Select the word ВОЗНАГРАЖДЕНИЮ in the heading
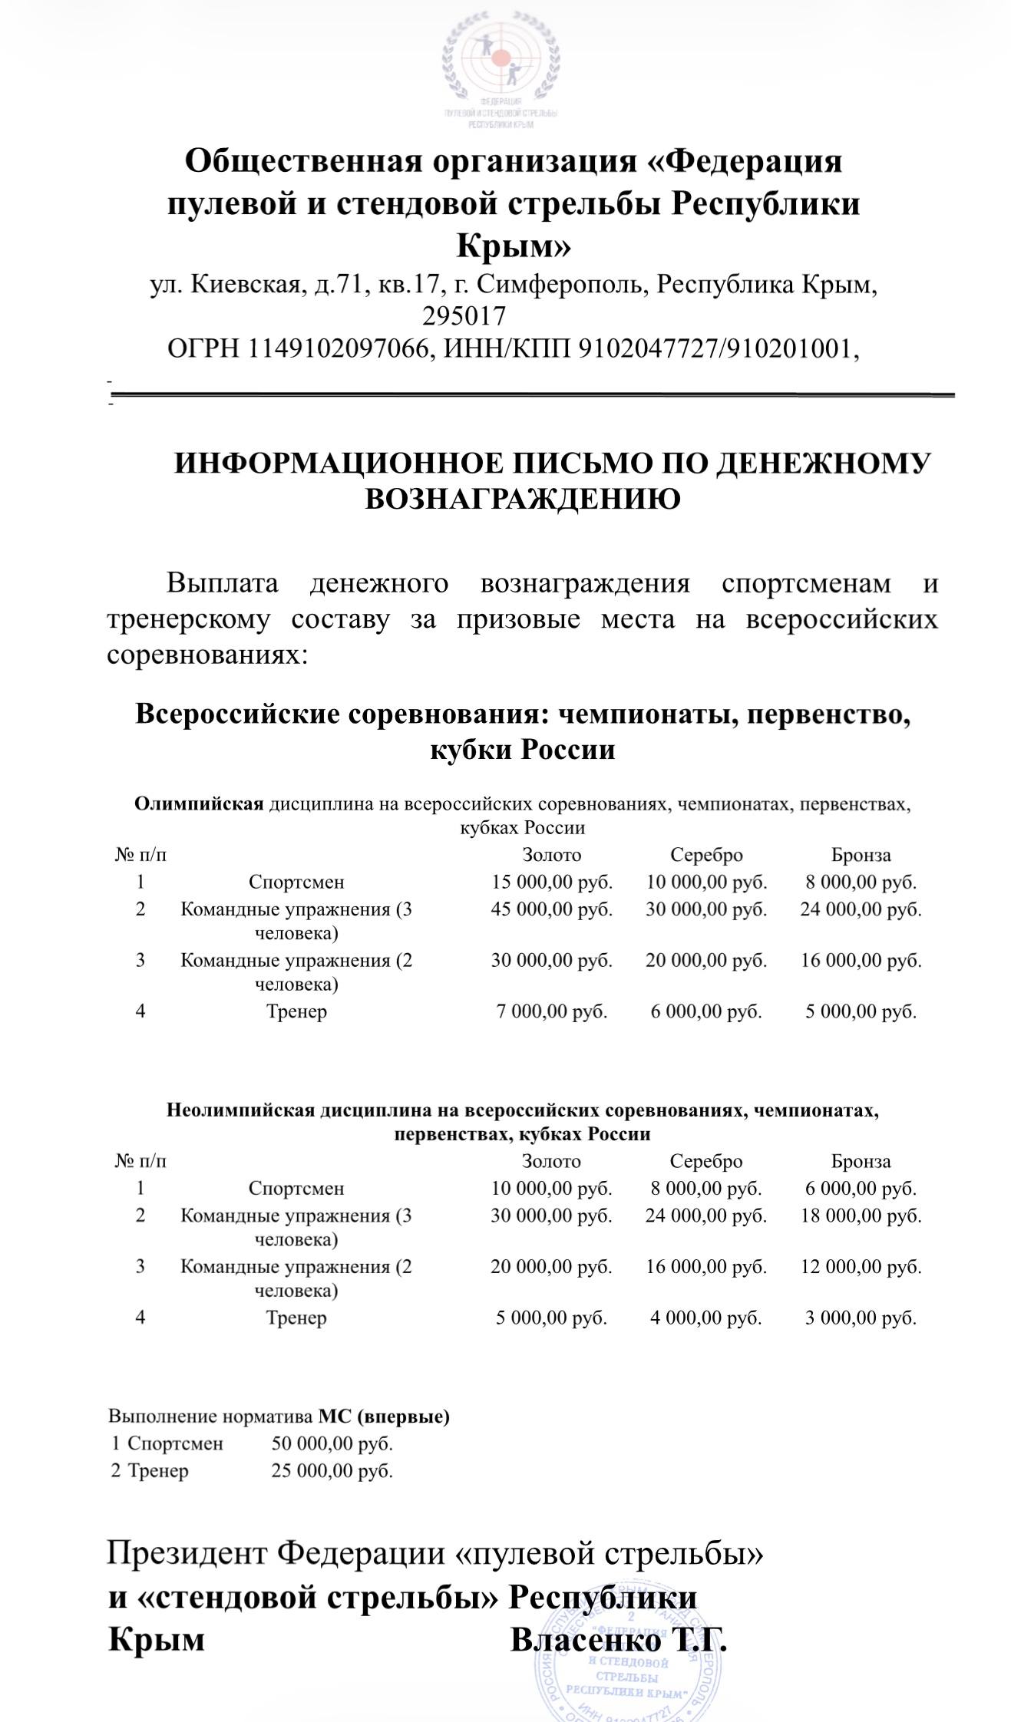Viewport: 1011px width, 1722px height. [522, 499]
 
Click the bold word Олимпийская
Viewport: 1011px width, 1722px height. [199, 804]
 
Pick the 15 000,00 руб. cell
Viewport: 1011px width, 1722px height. [552, 882]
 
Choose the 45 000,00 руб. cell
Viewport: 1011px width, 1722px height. [552, 909]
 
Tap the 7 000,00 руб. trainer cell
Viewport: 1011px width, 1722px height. [552, 1011]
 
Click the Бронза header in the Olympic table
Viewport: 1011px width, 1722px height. [861, 855]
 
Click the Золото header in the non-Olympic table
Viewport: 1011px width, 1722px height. [551, 1161]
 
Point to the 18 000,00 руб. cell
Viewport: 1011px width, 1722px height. [861, 1216]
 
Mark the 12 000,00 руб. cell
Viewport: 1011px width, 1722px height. [861, 1266]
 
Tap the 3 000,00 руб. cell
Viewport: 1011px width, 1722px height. [861, 1318]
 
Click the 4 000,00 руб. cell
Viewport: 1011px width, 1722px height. [706, 1318]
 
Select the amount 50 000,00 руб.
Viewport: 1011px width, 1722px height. [332, 1443]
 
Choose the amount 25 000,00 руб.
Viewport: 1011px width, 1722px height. [332, 1471]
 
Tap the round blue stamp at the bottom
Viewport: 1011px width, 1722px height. [627, 1658]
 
